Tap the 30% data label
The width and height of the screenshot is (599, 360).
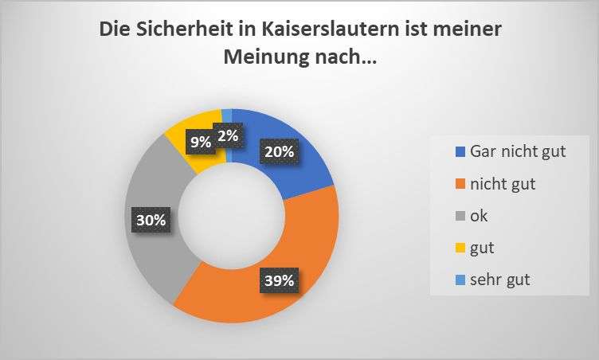click(150, 221)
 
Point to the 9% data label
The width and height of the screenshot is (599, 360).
click(200, 143)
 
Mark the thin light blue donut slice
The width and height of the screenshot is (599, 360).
click(227, 113)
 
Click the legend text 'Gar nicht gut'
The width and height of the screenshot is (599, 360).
click(518, 151)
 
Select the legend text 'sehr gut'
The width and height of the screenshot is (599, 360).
click(500, 280)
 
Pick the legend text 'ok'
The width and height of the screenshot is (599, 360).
click(480, 215)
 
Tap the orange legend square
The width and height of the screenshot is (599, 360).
click(460, 184)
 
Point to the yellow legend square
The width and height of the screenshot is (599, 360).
click(460, 248)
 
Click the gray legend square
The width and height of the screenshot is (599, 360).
click(460, 216)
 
